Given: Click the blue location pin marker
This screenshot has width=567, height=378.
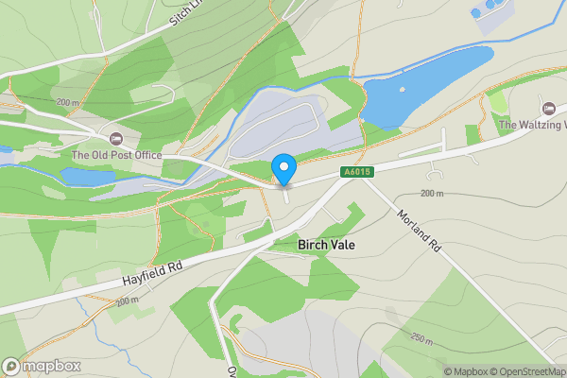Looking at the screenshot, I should pyautogui.click(x=283, y=169).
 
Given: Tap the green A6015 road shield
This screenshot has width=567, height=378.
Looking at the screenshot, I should pyautogui.click(x=354, y=171).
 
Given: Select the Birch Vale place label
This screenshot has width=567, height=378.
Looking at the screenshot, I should pyautogui.click(x=327, y=245).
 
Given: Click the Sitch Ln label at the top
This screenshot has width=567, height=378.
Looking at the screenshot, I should pyautogui.click(x=187, y=16).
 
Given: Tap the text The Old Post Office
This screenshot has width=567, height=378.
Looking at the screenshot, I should pyautogui.click(x=116, y=156).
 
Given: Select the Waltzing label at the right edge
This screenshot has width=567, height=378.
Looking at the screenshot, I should pyautogui.click(x=532, y=125).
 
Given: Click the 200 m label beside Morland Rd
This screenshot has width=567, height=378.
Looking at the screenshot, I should pyautogui.click(x=431, y=193).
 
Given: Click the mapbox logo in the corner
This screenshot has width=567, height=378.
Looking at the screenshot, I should pyautogui.click(x=42, y=366).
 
